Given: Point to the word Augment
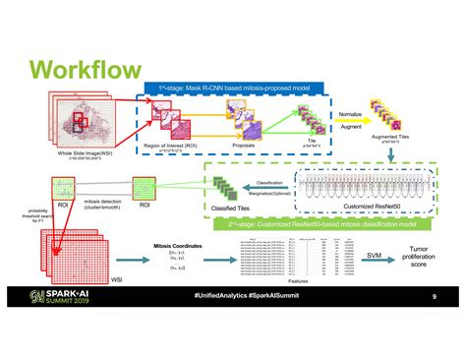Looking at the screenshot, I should (351, 129).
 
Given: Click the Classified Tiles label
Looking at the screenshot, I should (227, 209).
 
